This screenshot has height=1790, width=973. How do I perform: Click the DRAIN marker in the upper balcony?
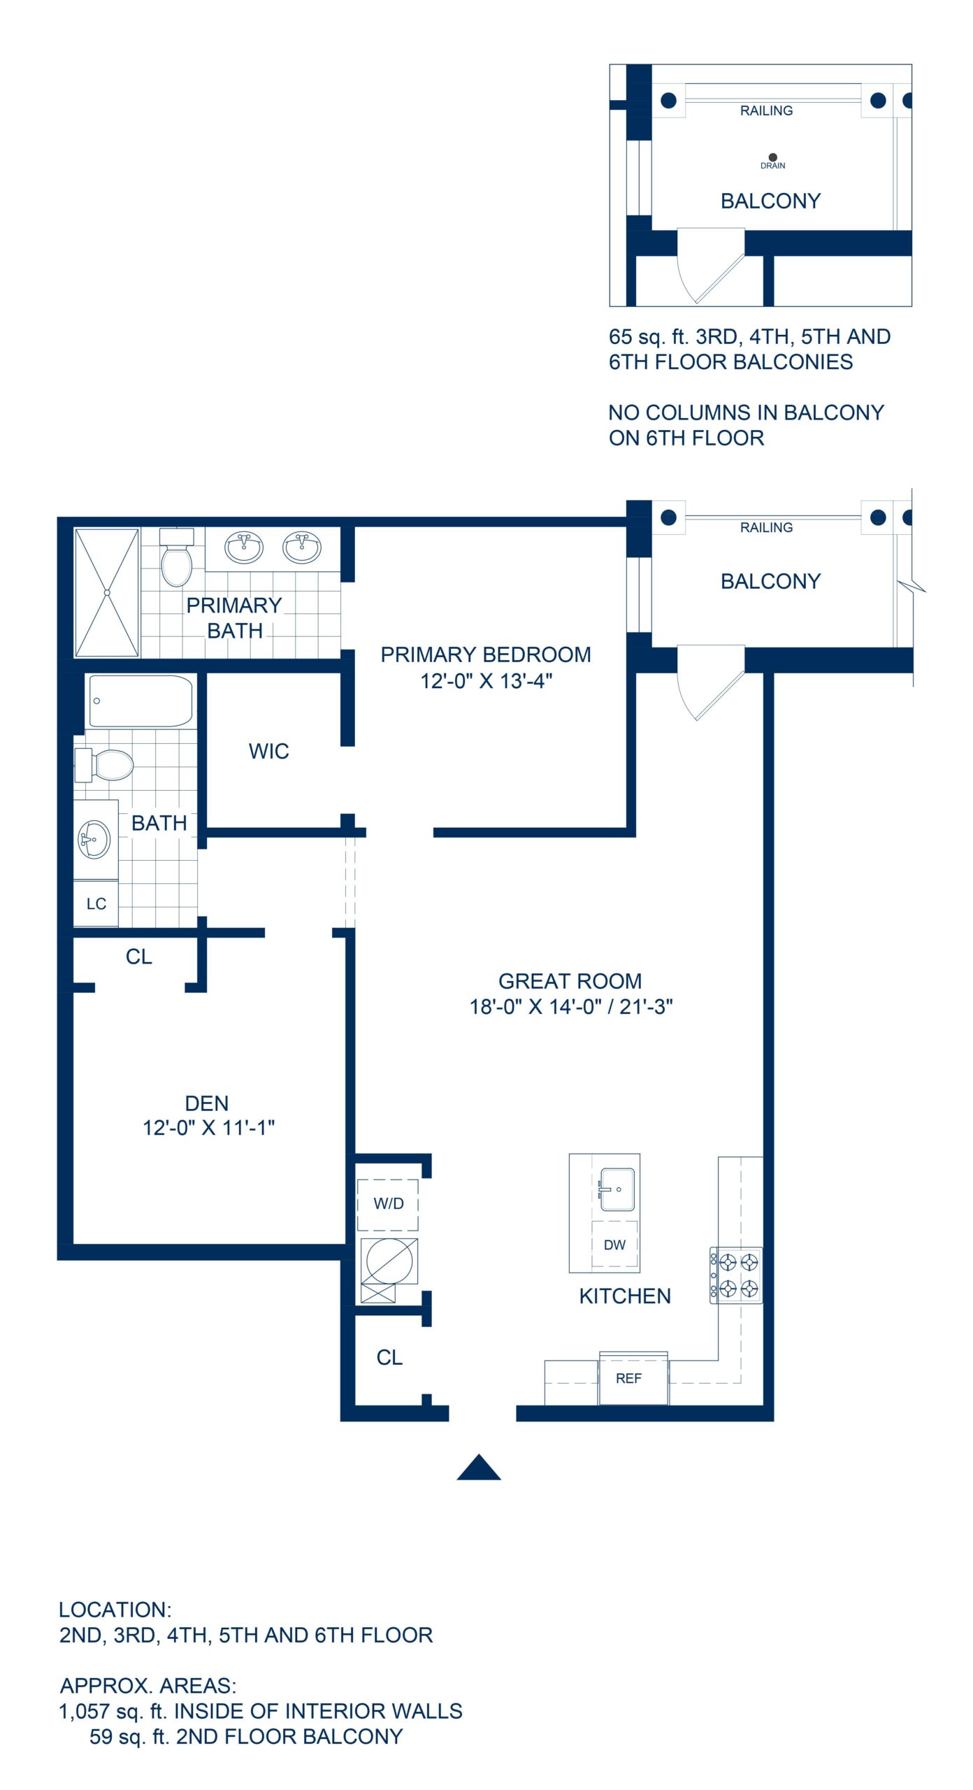pos(772,158)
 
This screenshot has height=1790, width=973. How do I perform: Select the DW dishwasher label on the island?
pos(614,1245)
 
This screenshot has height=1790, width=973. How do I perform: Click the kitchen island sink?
pos(617,1189)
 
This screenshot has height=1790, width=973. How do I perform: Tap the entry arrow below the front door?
pos(479,1468)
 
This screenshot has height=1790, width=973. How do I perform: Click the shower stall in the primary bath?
pos(107,592)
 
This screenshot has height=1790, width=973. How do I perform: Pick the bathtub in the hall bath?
pos(140,701)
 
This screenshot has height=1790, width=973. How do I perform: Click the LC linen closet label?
pos(96,904)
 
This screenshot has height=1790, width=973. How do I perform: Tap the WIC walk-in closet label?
pos(268,751)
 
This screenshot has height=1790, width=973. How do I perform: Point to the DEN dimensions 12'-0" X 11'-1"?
pos(208,1128)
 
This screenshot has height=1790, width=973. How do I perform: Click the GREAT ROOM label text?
pos(570,981)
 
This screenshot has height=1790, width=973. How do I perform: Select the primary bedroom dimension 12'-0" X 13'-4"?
pos(486,680)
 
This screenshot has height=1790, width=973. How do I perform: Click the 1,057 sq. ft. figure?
pos(113,1711)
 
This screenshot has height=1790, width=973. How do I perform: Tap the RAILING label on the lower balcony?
pos(766,527)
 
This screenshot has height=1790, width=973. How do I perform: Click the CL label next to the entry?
pos(389,1357)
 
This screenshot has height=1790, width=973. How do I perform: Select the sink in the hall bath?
pos(94,838)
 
